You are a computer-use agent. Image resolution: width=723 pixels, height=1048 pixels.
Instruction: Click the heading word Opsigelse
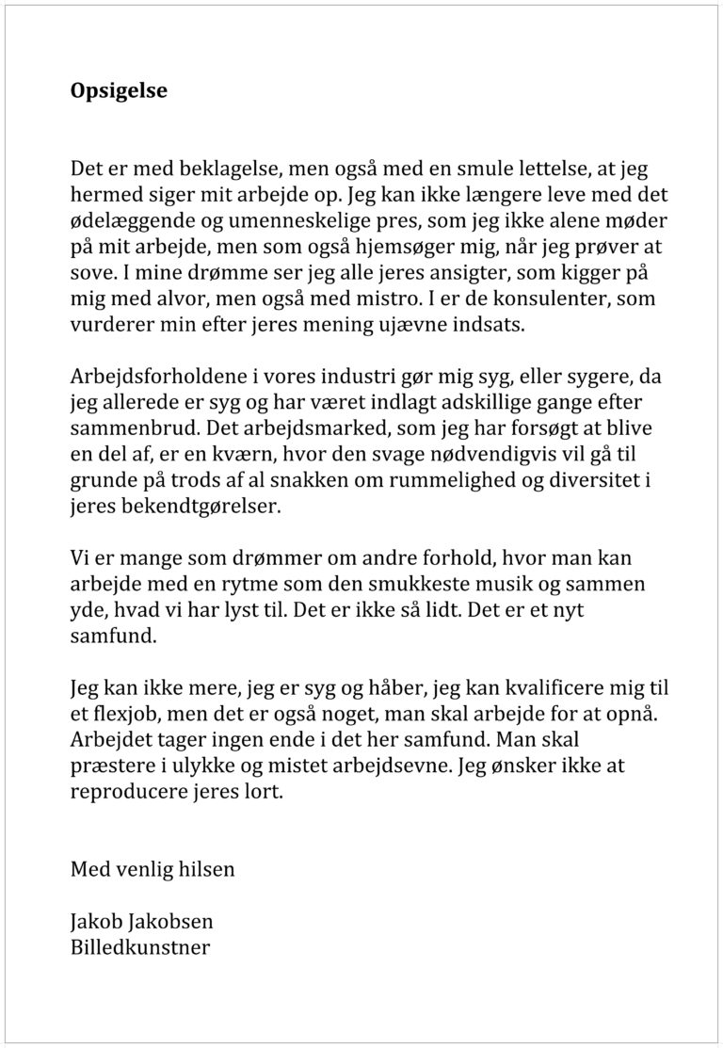pyautogui.click(x=119, y=91)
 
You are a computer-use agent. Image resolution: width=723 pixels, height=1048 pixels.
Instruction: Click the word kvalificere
pyautogui.click(x=536, y=688)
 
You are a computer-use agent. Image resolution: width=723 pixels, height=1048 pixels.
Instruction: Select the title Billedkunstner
pyautogui.click(x=139, y=946)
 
